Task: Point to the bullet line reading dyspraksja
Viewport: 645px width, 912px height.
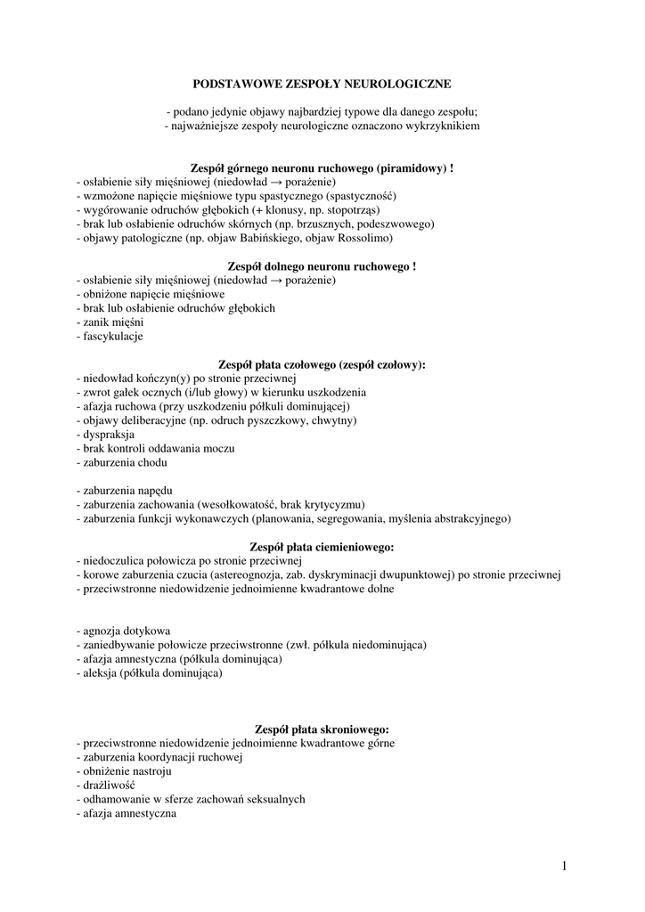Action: (x=106, y=435)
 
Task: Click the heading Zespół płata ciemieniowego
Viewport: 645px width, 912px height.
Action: (x=323, y=546)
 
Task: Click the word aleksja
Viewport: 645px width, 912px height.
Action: (x=101, y=673)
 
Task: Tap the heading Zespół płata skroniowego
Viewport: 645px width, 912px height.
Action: (x=322, y=729)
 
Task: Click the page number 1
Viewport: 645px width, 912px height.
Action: (x=565, y=865)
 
